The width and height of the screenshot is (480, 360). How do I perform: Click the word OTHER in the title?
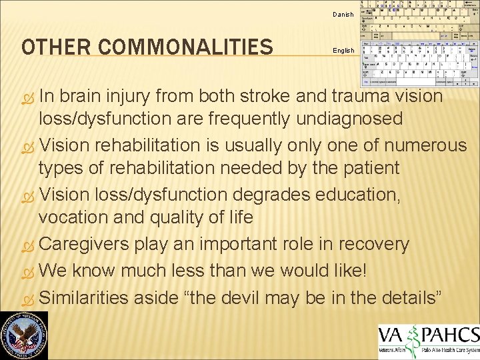(54, 47)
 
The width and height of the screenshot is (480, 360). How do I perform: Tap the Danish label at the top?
(343, 15)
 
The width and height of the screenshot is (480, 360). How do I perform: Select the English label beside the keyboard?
(343, 51)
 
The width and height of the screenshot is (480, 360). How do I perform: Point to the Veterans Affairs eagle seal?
(25, 335)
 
